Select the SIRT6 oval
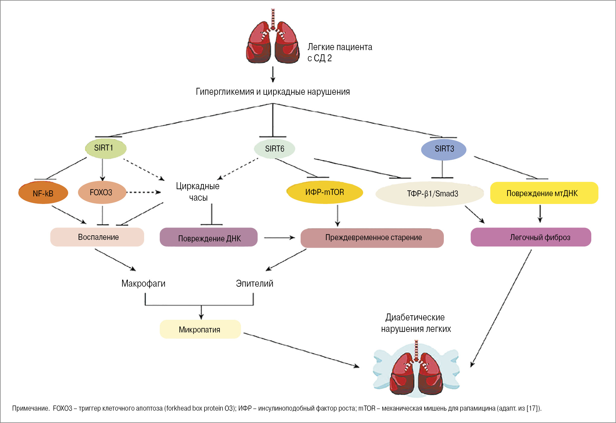point(274,149)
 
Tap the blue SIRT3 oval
point(444,149)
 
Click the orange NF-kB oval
point(43,193)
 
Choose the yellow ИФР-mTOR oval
point(325,192)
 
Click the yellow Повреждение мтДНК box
point(544,193)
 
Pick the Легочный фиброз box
point(531,237)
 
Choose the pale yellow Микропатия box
point(200,329)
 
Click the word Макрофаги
point(143,284)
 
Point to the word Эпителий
point(254,284)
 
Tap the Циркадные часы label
point(198,192)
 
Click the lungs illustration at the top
point(273,39)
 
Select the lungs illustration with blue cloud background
point(416,370)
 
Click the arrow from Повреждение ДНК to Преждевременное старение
point(279,238)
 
